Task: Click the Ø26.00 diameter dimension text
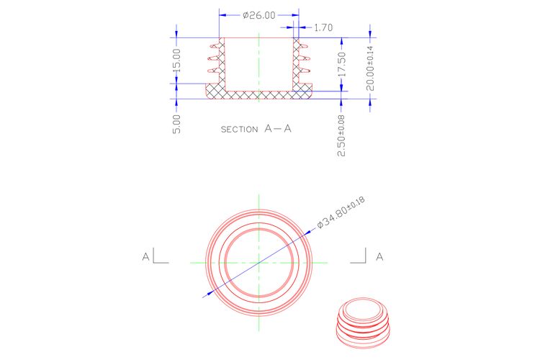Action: (259, 15)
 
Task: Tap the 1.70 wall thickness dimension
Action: (323, 27)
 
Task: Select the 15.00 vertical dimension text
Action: (176, 60)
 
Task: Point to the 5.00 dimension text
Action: (176, 124)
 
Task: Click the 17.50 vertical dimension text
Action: (341, 64)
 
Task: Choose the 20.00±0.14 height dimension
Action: (370, 68)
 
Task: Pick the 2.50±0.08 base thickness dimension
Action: (341, 136)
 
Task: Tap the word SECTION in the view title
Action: (239, 130)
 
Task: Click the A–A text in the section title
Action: (278, 129)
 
